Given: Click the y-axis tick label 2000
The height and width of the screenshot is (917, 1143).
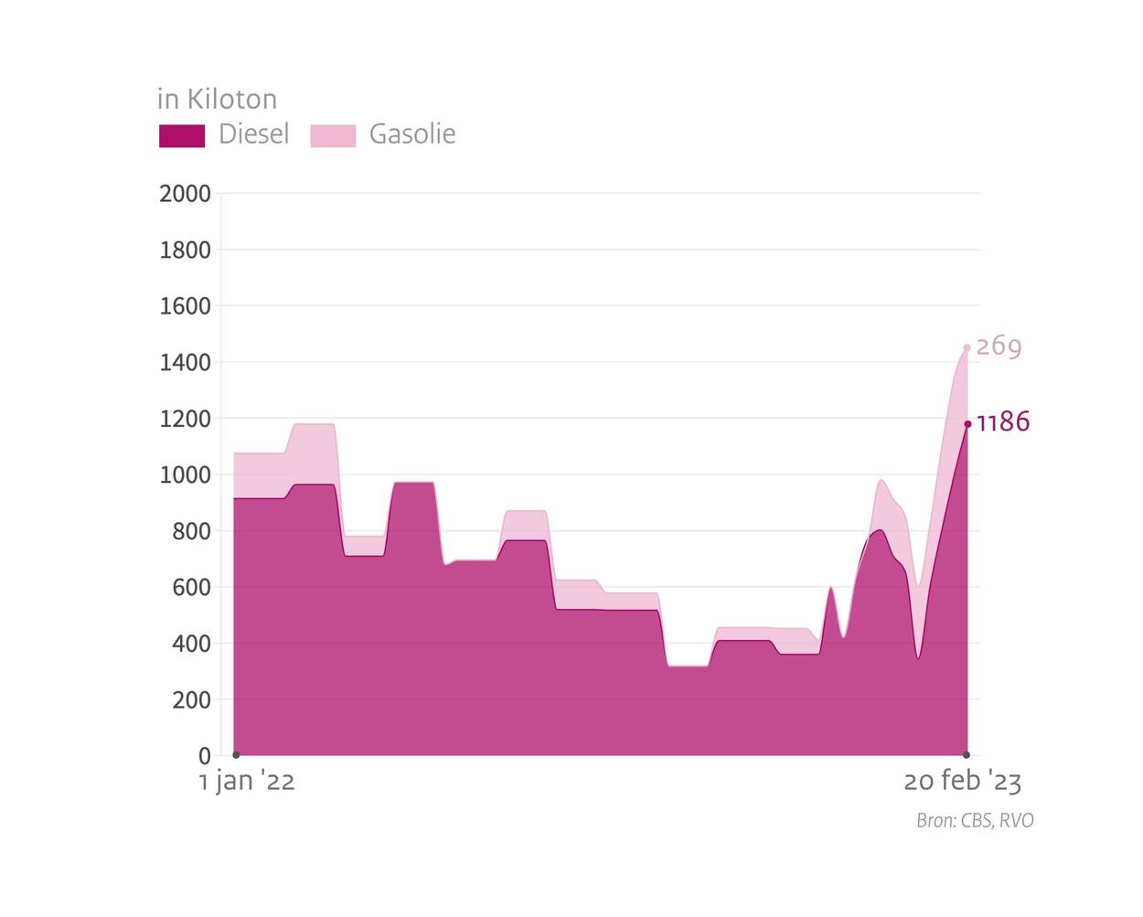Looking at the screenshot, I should (185, 194).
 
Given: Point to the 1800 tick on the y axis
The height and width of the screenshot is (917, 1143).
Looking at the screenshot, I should (185, 250).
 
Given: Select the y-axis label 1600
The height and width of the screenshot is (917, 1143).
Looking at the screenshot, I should (185, 306).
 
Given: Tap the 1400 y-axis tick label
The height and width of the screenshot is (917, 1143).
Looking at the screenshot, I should (185, 363).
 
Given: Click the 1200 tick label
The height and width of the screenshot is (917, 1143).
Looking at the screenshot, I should (185, 419).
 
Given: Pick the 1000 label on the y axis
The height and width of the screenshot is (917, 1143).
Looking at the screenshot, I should (185, 475).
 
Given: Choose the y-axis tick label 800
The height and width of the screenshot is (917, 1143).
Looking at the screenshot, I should (191, 531).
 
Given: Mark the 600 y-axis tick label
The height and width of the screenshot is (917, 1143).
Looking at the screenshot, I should (191, 588).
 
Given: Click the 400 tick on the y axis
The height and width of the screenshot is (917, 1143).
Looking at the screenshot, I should (191, 644).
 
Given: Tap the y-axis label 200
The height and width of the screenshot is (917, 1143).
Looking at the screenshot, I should (191, 700).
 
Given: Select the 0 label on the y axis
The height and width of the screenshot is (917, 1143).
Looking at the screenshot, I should (205, 756).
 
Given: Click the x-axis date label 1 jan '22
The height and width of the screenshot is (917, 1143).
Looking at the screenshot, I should (247, 782).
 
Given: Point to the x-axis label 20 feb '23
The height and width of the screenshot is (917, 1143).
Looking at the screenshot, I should (962, 782).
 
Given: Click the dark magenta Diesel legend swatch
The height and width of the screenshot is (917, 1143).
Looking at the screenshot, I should (182, 135).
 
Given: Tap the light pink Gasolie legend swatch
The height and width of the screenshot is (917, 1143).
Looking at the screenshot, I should (333, 135).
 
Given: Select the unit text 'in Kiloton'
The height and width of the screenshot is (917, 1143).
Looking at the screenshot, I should (217, 99).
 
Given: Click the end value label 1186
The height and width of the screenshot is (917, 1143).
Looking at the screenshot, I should (1003, 422).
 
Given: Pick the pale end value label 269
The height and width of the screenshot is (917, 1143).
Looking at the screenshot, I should (999, 347).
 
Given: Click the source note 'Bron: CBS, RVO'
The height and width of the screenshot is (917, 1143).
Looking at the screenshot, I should (975, 820).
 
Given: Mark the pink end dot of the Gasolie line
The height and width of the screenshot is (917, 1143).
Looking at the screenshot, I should (967, 347).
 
